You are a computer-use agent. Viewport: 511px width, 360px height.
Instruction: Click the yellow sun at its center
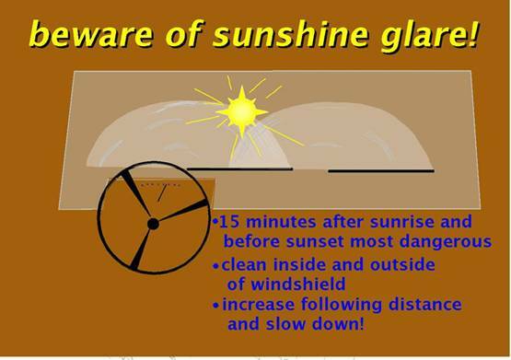coord(243,111)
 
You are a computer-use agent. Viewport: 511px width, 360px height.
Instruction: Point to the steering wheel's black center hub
coord(153,223)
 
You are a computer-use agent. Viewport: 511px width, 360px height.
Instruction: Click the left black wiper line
coord(239,168)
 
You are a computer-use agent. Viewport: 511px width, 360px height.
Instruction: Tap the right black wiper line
coord(380,170)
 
